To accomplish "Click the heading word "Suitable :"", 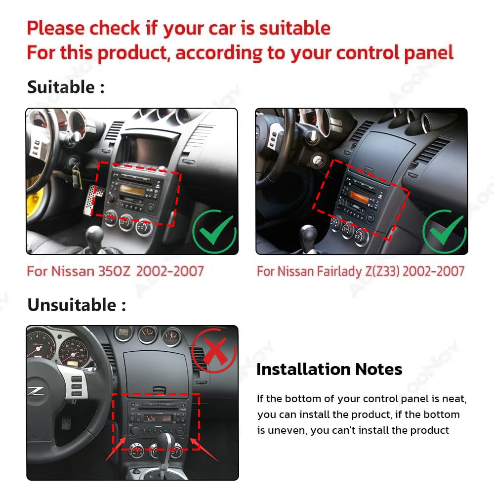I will [x=66, y=87].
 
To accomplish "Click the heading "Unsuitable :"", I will [x=76, y=305].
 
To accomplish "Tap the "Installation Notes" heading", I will [x=329, y=369].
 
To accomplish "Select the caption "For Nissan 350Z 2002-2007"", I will [x=115, y=271].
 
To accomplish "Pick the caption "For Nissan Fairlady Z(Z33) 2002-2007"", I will [x=361, y=271].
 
